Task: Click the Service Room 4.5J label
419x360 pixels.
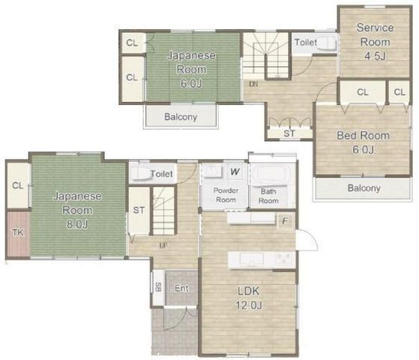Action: tap(376, 42)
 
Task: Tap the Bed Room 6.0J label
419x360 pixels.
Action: tap(363, 142)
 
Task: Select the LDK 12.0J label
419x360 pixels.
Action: tap(249, 298)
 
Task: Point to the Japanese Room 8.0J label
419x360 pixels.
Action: tap(77, 210)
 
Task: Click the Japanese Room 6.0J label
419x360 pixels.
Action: tap(191, 70)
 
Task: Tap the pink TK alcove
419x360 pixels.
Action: tap(18, 233)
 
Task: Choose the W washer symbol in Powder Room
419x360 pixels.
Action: tap(235, 172)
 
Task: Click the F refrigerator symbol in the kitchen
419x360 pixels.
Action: tap(286, 221)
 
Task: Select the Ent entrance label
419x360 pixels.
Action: tap(181, 288)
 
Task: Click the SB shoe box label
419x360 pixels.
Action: tap(158, 287)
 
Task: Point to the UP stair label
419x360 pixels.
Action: tap(163, 244)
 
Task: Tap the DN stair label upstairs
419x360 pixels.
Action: tap(253, 84)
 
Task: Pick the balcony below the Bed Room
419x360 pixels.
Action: tap(363, 188)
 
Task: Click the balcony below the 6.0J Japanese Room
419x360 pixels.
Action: tap(181, 116)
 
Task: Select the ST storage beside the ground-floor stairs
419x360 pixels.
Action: tap(139, 211)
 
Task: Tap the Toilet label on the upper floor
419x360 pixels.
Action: tap(306, 42)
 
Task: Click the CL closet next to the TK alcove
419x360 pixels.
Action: tap(18, 185)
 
